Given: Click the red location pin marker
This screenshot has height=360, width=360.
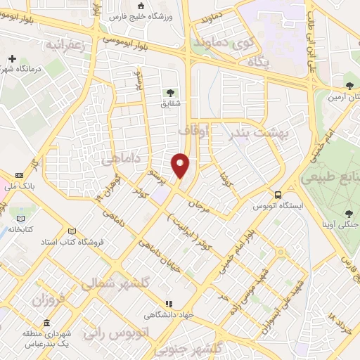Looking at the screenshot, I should click(181, 165).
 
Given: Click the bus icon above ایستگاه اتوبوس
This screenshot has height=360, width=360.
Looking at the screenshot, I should click(278, 194).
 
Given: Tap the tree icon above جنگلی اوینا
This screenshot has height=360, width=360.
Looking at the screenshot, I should click(349, 213).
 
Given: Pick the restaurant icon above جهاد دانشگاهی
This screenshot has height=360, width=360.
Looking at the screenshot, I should click(168, 304).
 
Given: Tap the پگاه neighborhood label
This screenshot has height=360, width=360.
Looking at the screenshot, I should click(258, 62).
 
